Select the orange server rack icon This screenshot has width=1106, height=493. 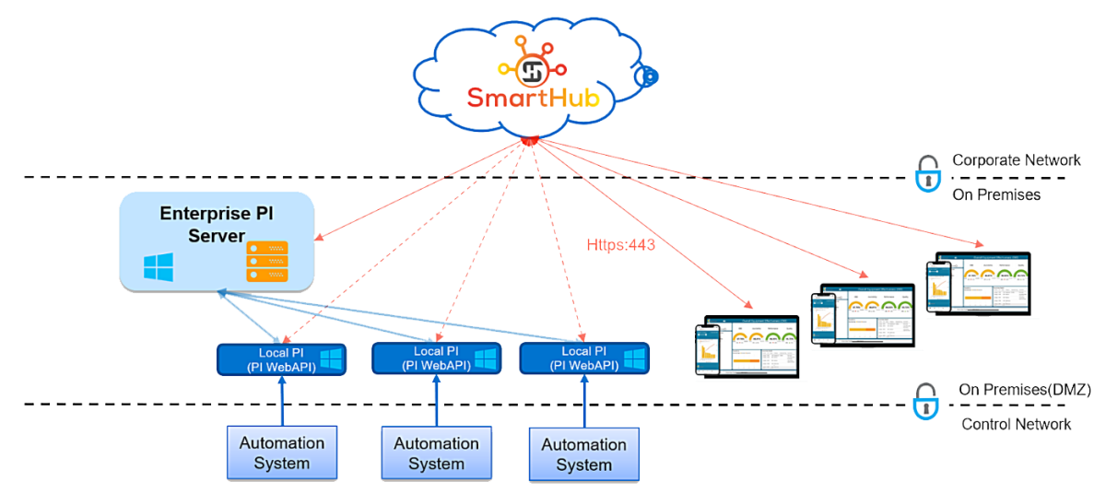pos(266,261)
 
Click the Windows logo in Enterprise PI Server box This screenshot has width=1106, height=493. pos(159,267)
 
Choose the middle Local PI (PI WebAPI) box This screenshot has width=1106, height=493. pos(436,358)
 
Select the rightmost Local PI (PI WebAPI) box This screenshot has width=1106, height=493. pos(583,358)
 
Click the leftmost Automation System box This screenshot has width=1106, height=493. pos(282,452)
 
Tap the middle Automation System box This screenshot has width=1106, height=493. pos(436,453)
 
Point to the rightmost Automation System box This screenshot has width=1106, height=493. pos(583,454)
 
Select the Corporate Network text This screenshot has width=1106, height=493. pos(1015,160)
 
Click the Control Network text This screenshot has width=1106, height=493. pos(1016,424)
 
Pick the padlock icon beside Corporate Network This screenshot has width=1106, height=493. pos(925,173)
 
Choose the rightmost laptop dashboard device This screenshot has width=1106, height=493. pos(979,284)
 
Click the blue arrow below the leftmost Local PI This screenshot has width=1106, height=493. pos(282,402)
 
